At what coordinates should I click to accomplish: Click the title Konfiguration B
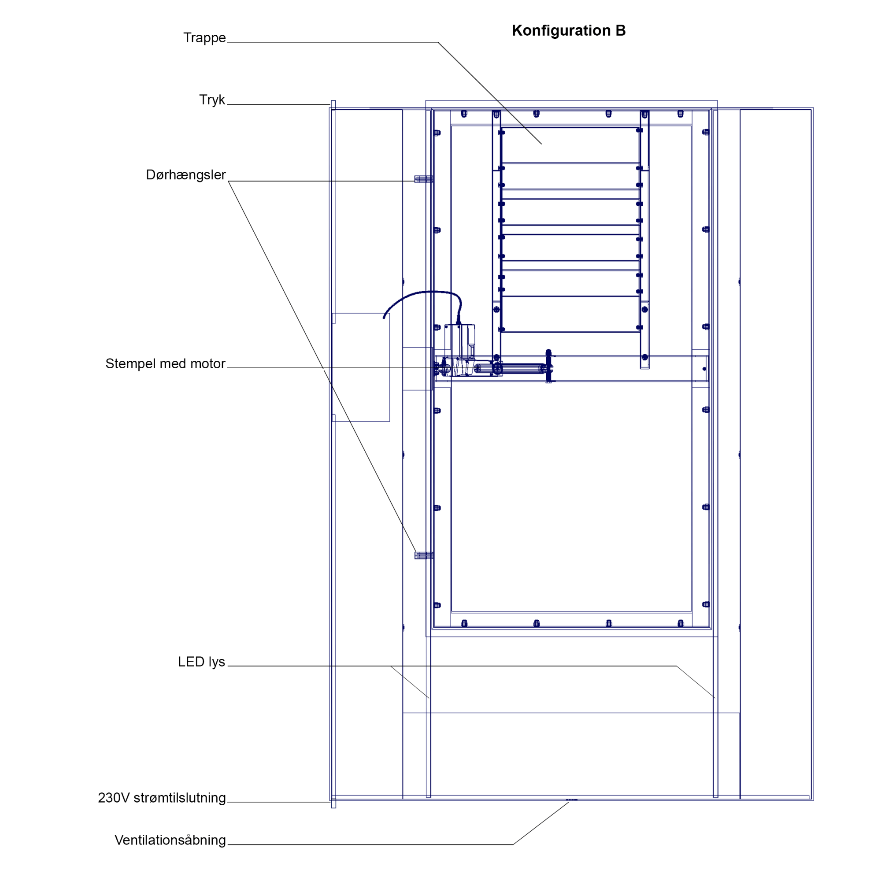pos(569,30)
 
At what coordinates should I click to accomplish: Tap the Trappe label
pos(204,38)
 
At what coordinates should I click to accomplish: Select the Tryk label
pos(212,100)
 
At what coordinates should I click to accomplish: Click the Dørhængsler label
pos(185,175)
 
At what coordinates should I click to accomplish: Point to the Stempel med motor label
pos(165,364)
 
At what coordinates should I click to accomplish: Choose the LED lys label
pos(201,662)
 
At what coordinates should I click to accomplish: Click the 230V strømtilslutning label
pos(162,798)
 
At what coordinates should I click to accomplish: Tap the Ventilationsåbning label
pos(170,840)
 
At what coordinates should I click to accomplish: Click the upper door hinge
pos(424,179)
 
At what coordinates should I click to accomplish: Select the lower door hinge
pos(424,555)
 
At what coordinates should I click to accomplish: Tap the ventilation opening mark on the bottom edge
pos(571,800)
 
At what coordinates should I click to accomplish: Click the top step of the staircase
pos(570,145)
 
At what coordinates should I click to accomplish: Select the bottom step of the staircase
pos(570,314)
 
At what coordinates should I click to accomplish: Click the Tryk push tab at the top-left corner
pos(333,105)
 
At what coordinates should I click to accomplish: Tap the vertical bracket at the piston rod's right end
pos(548,366)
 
